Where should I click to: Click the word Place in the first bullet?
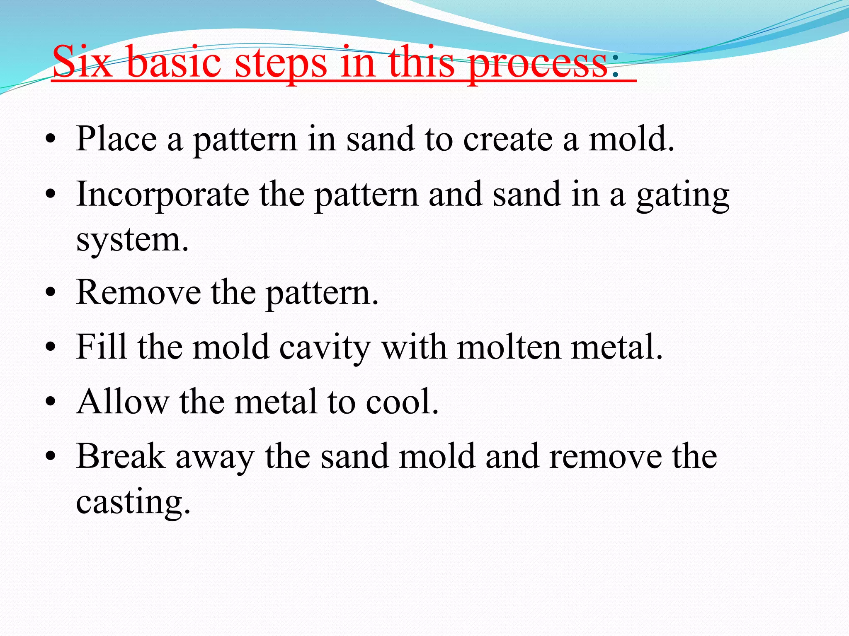point(116,139)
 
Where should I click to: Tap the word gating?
point(683,196)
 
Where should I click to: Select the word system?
point(132,241)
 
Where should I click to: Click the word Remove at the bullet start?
point(139,293)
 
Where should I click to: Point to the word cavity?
point(325,349)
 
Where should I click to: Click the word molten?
point(509,347)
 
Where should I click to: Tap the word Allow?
point(123,402)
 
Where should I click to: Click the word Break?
point(121,456)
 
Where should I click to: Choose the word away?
point(215,458)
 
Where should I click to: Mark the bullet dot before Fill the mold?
point(51,347)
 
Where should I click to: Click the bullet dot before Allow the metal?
point(51,402)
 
